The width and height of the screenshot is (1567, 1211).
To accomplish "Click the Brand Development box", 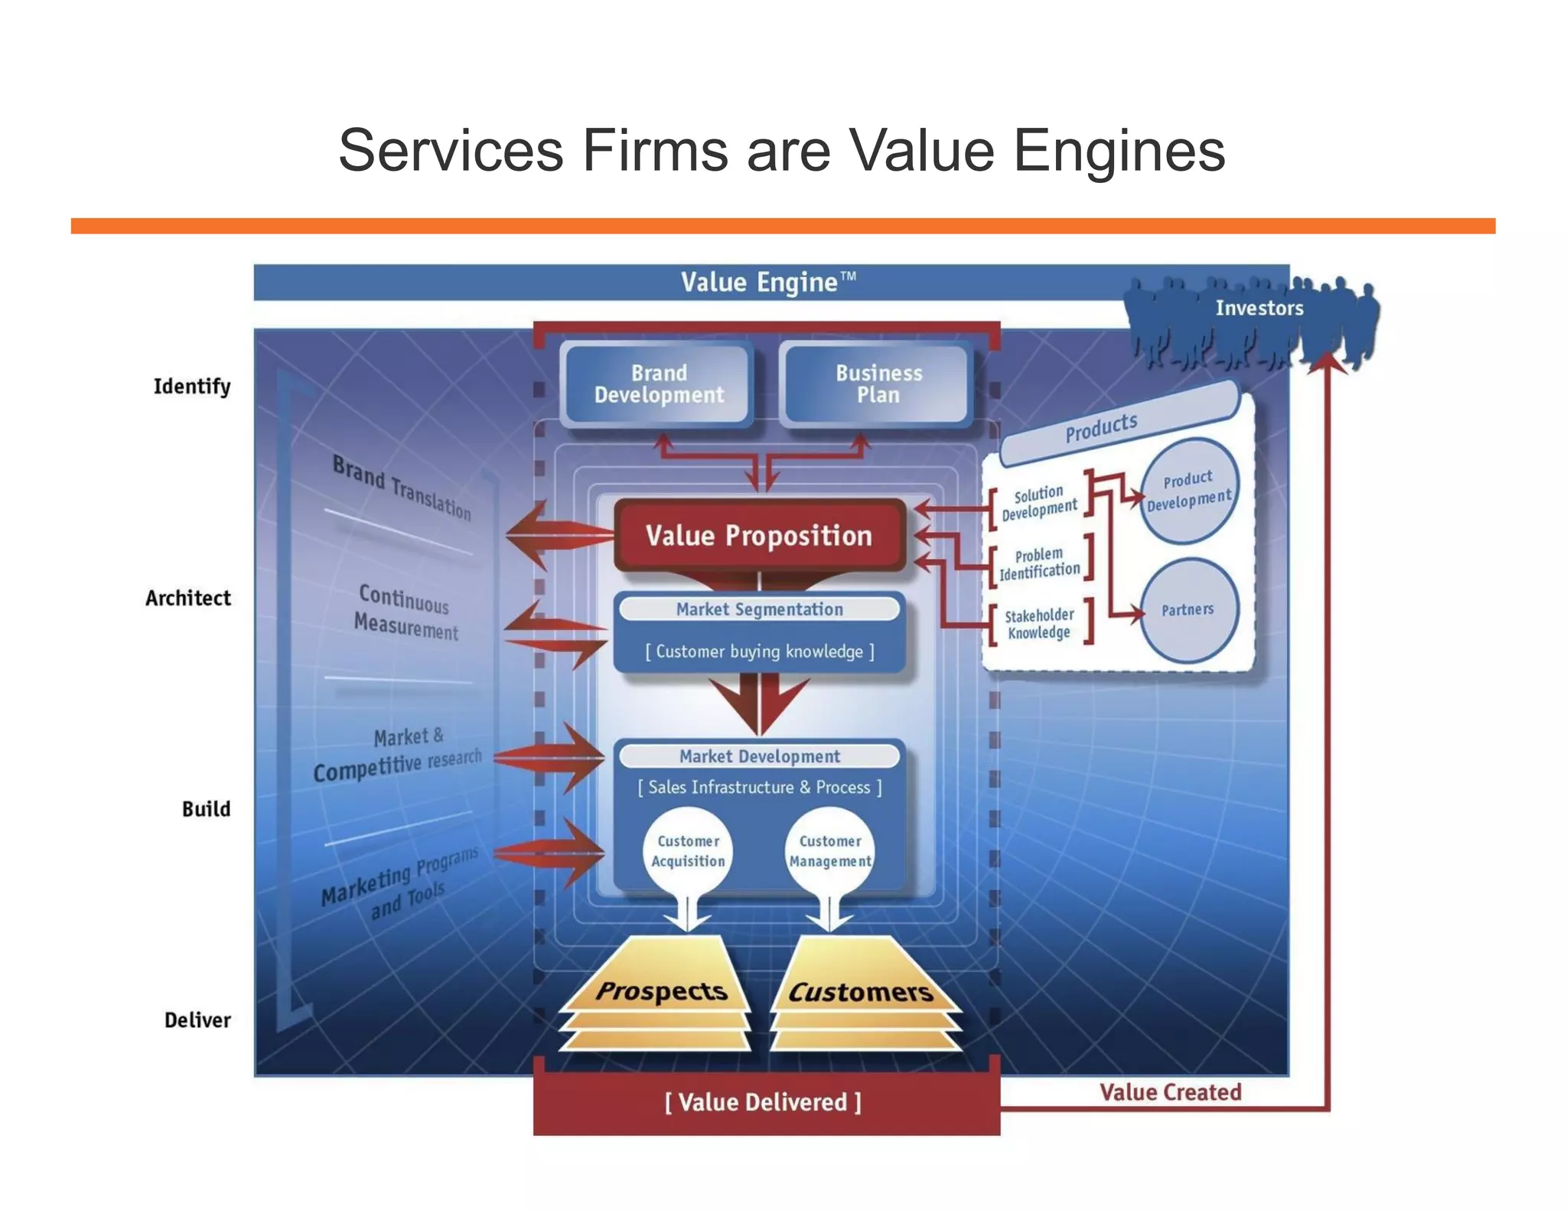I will [x=658, y=384].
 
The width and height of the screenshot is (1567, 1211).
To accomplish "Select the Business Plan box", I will [x=878, y=384].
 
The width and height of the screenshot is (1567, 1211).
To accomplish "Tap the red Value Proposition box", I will [x=758, y=535].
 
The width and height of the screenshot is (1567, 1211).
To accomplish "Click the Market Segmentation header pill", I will [x=759, y=609].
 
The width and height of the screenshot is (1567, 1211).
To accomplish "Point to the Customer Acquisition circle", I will [x=688, y=851].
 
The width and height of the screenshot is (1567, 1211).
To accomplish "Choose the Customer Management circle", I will [x=830, y=851].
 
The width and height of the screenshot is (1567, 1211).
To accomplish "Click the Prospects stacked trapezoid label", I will [x=661, y=991].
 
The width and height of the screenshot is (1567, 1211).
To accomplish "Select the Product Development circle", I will [x=1188, y=491].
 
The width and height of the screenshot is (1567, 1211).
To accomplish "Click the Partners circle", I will [x=1187, y=610].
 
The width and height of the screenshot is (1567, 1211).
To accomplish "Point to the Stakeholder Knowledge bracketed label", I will [x=1039, y=624].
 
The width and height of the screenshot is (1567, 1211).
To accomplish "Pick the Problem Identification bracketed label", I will [x=1039, y=563].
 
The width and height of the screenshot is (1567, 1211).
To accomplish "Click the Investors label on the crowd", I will [x=1259, y=308].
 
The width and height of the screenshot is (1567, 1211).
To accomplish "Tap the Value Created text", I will [x=1170, y=1092].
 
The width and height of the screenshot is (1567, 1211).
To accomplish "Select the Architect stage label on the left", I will [x=188, y=598].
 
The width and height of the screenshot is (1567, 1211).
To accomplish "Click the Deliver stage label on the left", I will [x=197, y=1020].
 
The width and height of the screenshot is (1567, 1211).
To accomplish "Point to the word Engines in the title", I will [x=1119, y=151].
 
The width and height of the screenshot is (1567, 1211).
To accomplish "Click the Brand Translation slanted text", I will [x=402, y=487].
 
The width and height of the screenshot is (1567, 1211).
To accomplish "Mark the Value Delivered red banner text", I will [x=763, y=1102].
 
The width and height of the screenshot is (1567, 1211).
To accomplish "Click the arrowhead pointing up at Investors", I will [x=1328, y=361].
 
